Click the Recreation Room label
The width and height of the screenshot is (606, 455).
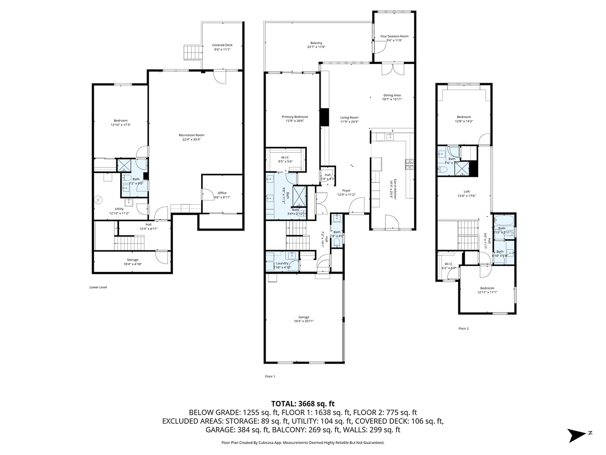(x=192, y=135)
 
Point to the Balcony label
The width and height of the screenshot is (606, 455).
(x=316, y=44)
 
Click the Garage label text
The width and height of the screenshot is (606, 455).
(x=304, y=317)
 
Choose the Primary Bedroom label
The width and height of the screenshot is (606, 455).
(x=295, y=117)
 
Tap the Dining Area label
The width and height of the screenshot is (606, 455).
(x=392, y=95)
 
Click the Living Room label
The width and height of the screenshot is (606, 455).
(x=349, y=117)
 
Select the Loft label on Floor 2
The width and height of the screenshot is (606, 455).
(x=466, y=192)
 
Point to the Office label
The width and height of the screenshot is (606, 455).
(x=222, y=192)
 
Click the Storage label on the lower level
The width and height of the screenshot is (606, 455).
(x=132, y=260)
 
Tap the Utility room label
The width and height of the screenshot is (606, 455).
(x=119, y=209)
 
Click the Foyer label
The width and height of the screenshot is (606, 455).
(x=346, y=191)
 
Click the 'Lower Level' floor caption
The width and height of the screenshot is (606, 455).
(x=98, y=287)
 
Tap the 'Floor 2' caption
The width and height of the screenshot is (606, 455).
(x=463, y=328)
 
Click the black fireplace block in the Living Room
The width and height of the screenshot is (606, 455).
(x=324, y=117)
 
